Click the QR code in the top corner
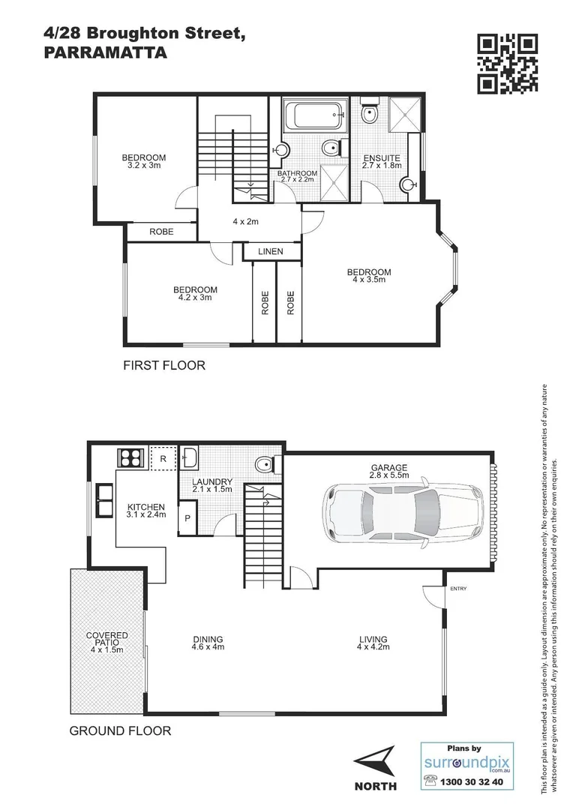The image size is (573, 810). click(x=508, y=64)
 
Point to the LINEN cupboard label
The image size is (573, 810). click(x=270, y=251)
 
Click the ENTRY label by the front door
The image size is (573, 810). click(x=457, y=589)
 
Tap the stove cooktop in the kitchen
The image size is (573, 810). click(x=132, y=457)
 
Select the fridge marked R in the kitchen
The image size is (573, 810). click(x=162, y=457)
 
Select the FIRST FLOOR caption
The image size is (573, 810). click(x=163, y=366)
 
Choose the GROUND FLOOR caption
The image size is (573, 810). click(x=120, y=730)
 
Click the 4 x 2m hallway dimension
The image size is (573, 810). click(x=245, y=221)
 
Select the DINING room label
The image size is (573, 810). click(x=208, y=640)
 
